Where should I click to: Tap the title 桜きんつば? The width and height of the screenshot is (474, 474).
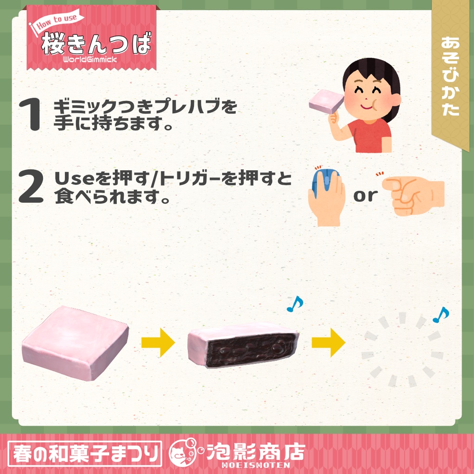pos(96,44)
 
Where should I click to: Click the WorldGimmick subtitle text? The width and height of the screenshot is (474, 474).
pos(90,59)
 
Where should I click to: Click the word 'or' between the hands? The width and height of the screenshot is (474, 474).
pos(366,195)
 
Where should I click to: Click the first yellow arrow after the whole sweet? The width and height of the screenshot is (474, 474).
pos(158,343)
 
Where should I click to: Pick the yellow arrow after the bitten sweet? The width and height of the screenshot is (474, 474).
pos(328,343)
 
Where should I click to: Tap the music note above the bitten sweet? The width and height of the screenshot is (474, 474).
pos(294,303)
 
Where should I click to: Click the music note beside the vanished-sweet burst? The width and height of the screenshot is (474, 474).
pos(440,315)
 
